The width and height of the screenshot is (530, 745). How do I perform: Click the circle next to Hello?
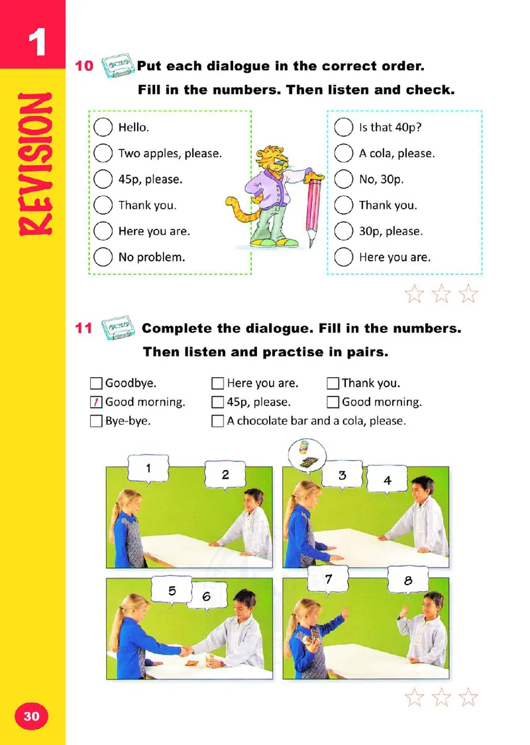103,127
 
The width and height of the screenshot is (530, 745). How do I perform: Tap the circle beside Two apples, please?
103,154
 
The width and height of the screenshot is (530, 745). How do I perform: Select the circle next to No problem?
103,257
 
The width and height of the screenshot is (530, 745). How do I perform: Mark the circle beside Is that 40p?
344,127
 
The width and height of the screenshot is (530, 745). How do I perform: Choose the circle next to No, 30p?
344,179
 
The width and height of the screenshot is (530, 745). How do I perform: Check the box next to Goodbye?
96,383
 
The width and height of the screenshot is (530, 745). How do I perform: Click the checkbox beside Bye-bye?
96,421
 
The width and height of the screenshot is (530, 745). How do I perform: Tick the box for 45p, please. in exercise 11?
217,402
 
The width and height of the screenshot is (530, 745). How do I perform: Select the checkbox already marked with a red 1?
96,402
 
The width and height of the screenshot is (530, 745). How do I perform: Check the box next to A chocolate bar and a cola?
217,421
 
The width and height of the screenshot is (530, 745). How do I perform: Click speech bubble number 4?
387,480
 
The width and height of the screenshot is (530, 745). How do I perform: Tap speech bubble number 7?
328,579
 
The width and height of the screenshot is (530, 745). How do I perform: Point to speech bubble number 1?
148,469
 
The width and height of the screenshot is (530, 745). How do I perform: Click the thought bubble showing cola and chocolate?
307,455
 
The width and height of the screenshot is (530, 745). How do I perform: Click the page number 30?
31,716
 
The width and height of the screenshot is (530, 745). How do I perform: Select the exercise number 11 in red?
83,328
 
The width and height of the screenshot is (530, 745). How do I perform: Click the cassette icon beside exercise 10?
117,65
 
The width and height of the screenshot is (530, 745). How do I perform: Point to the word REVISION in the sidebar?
35,164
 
